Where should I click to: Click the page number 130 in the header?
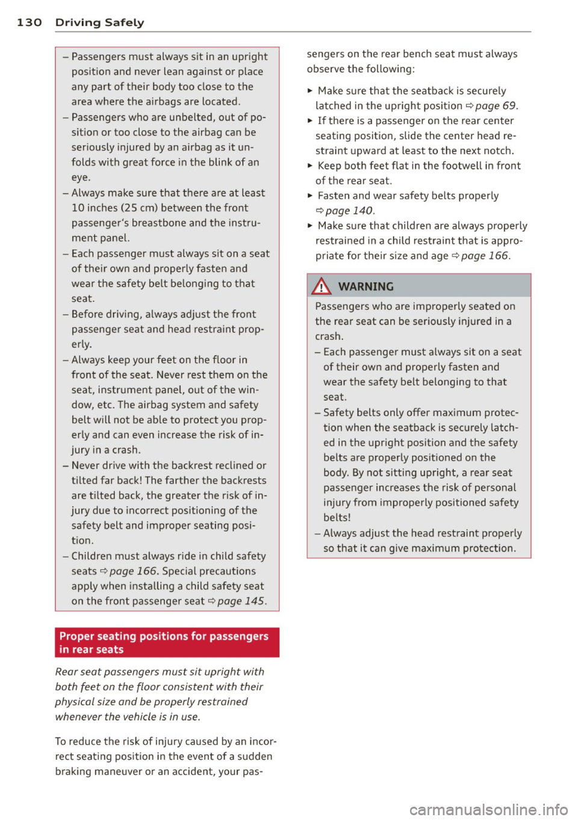[x=29, y=22]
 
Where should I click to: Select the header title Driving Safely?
[x=99, y=22]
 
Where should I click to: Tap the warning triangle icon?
[x=322, y=286]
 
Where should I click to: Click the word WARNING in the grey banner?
[x=366, y=287]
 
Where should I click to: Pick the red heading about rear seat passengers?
[x=164, y=642]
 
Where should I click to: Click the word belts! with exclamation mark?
[x=337, y=518]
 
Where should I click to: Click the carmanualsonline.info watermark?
[x=488, y=810]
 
